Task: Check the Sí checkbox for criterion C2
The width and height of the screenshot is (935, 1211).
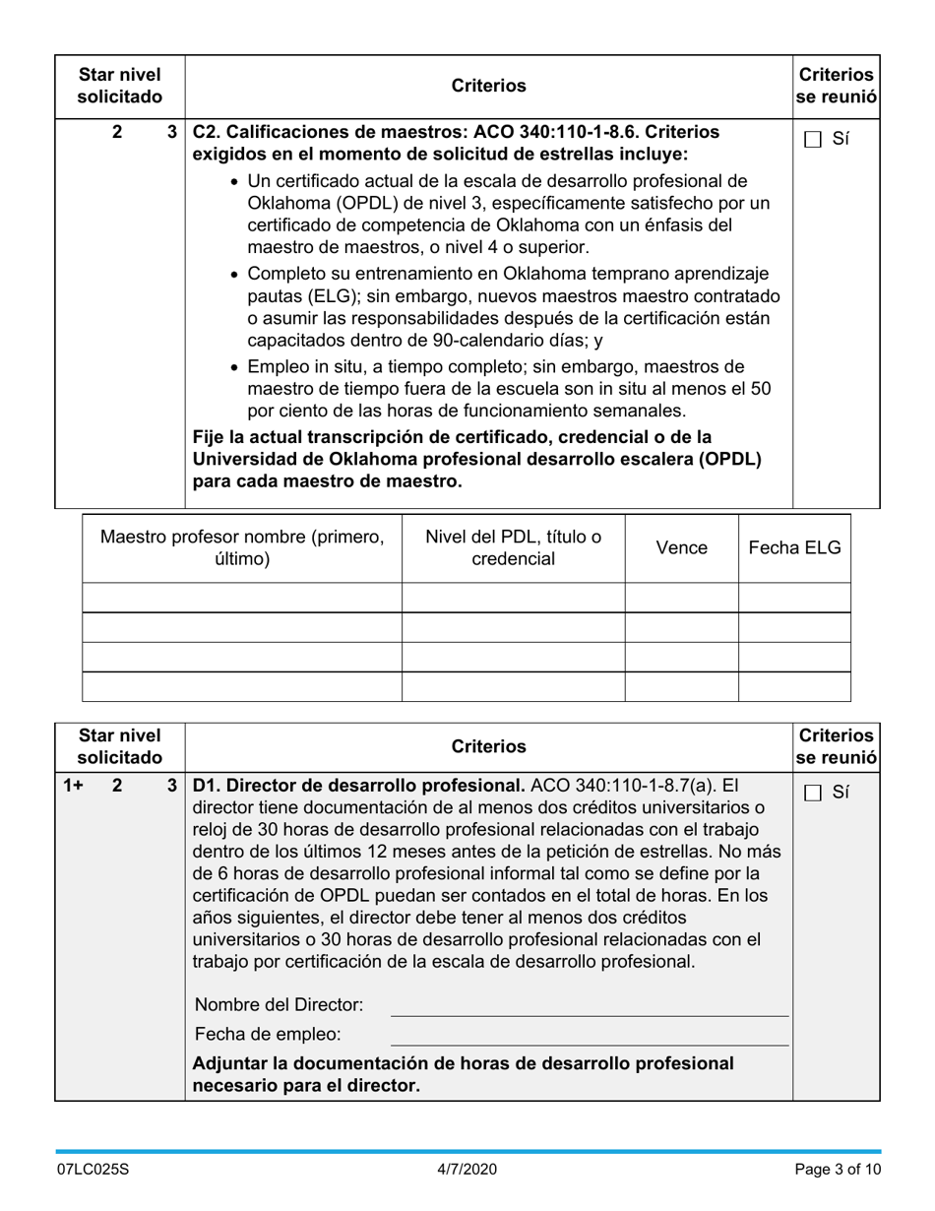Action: pos(813,140)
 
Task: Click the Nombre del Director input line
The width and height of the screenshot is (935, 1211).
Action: pos(590,1005)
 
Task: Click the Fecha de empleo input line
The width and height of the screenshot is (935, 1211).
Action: pos(590,1035)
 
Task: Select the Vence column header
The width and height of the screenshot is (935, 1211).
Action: pos(681,548)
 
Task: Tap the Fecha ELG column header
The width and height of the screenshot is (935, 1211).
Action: pos(794,548)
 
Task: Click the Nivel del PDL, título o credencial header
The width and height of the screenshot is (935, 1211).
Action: pos(513,548)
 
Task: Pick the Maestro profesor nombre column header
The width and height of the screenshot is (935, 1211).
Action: pos(242,548)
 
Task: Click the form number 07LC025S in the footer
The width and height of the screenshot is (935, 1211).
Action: pos(93,1170)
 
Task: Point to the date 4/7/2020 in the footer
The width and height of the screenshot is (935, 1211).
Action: pos(467,1170)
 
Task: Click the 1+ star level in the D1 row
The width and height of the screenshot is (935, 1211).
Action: pos(73,786)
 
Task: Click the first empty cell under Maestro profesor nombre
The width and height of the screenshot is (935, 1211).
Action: pos(242,598)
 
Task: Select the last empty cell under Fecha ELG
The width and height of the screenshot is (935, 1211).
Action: pos(794,686)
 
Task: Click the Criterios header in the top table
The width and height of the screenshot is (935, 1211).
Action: pos(488,87)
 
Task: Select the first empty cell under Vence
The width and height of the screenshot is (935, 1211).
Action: pos(681,598)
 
